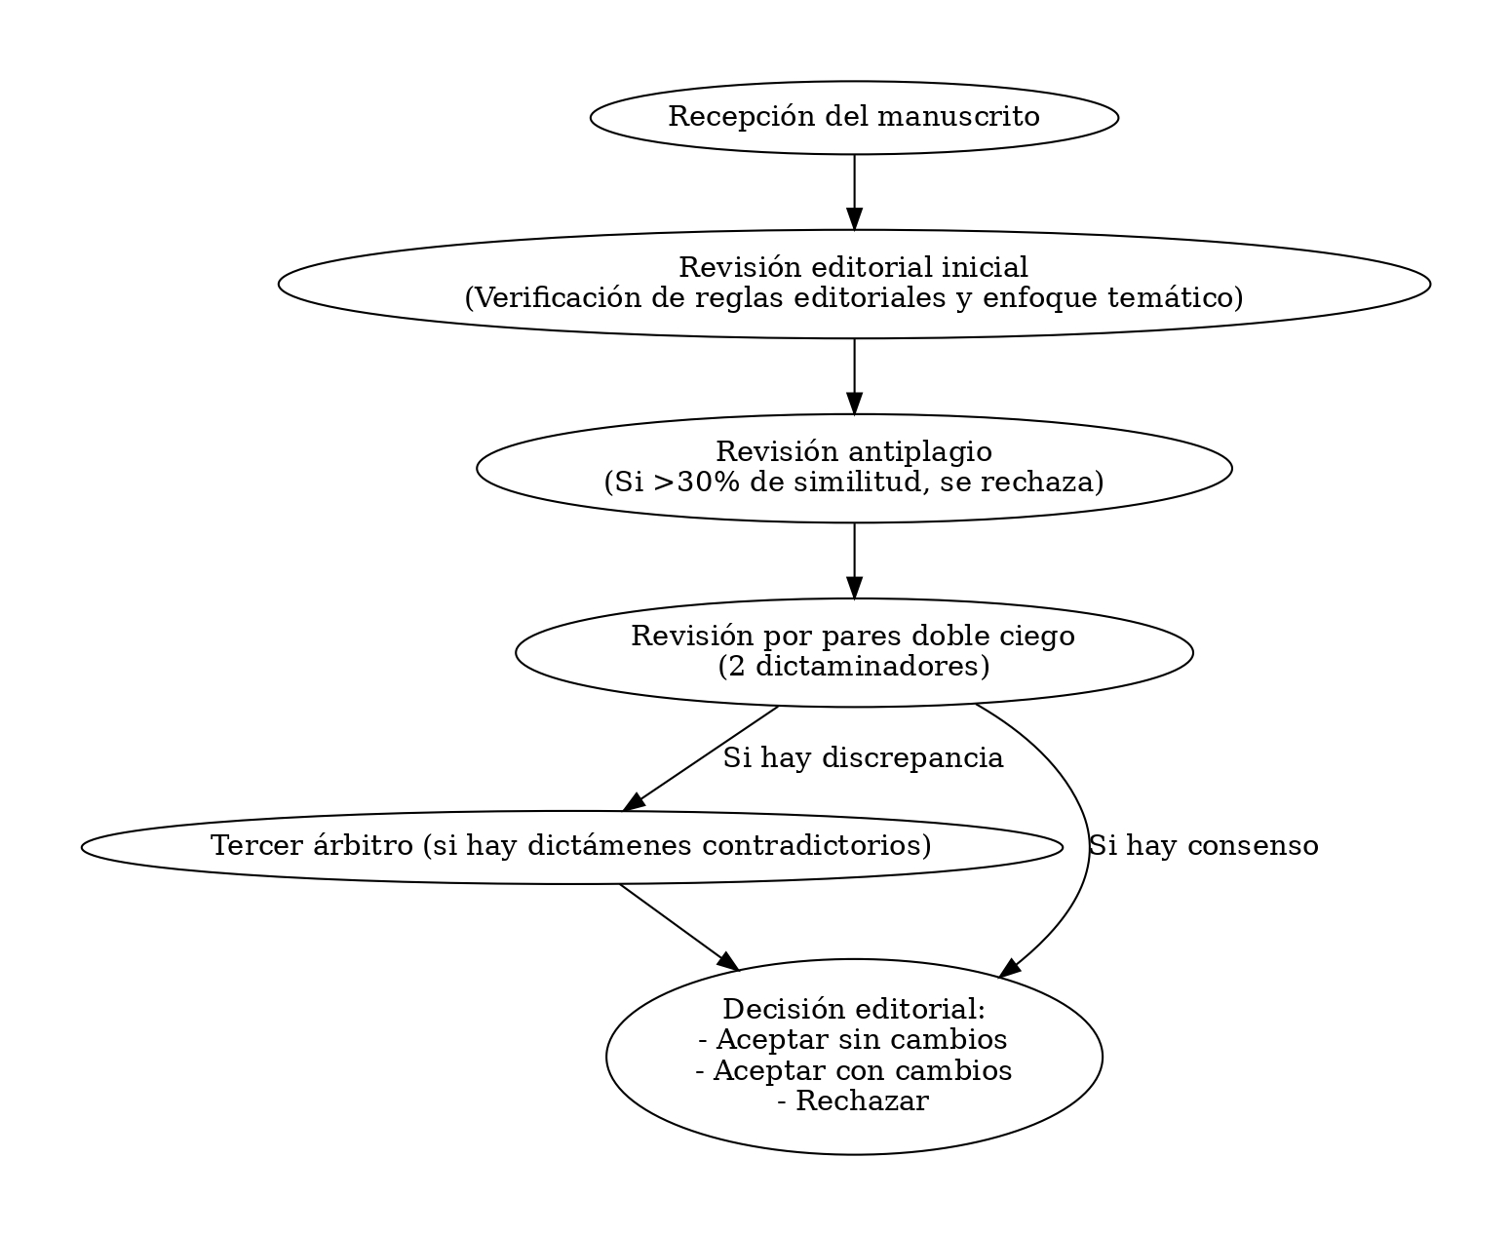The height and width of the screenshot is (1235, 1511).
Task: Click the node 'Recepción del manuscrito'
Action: click(853, 118)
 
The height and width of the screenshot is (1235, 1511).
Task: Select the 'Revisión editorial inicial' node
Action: click(853, 284)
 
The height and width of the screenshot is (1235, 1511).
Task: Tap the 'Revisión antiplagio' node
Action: click(853, 468)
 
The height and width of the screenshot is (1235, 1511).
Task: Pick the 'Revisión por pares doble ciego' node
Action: click(853, 652)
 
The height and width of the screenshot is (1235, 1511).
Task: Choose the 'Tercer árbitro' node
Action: click(571, 847)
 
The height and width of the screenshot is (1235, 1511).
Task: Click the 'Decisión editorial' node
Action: click(853, 1057)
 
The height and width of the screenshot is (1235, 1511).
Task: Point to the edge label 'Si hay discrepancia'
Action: click(863, 758)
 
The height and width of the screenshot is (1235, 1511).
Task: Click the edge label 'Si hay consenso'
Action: click(1204, 846)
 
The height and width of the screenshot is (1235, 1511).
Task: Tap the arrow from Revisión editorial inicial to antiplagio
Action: click(853, 376)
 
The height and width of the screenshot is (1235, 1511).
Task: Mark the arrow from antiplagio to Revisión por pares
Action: click(853, 560)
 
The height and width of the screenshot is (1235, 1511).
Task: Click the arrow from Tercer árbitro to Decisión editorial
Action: click(678, 927)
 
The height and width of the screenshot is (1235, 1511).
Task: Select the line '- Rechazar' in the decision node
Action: click(853, 1101)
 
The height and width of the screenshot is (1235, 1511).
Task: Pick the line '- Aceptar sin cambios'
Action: click(853, 1039)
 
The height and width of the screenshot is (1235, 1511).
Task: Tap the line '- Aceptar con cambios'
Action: click(853, 1070)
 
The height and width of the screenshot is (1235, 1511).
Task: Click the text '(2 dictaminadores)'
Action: click(853, 667)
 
